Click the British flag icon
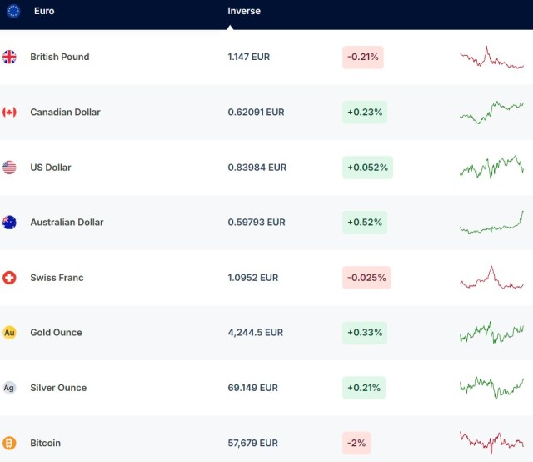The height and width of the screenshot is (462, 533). (x=9, y=57)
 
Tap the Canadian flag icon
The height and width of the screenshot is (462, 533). (x=9, y=112)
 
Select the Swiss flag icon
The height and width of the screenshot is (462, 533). (x=9, y=278)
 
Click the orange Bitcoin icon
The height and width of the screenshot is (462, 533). (x=9, y=443)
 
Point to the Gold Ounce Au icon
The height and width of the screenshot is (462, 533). (x=9, y=333)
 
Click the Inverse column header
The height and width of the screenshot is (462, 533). (x=244, y=11)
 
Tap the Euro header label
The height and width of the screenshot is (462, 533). (x=44, y=11)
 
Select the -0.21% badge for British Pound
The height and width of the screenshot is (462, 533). (x=362, y=57)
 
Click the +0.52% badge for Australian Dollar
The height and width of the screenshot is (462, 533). (x=365, y=223)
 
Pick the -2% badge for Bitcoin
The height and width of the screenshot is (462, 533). (x=356, y=443)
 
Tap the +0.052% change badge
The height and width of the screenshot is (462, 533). (x=367, y=168)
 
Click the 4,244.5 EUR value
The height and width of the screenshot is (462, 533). (x=255, y=333)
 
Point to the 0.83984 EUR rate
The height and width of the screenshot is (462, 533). (x=257, y=168)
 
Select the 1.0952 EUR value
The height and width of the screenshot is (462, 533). (x=252, y=278)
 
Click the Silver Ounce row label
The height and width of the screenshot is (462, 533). (x=58, y=388)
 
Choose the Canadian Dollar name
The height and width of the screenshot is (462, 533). (x=65, y=112)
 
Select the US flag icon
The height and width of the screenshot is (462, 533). (x=9, y=168)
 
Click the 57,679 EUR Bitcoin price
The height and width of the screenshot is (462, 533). (x=252, y=443)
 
